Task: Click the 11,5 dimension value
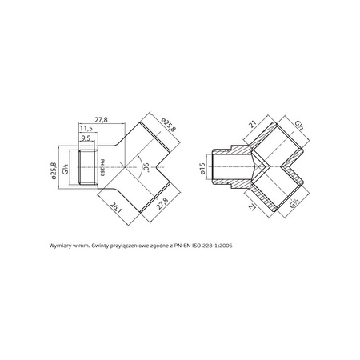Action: pos(86,128)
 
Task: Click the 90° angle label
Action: pos(145,168)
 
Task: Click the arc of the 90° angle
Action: pos(139,168)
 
